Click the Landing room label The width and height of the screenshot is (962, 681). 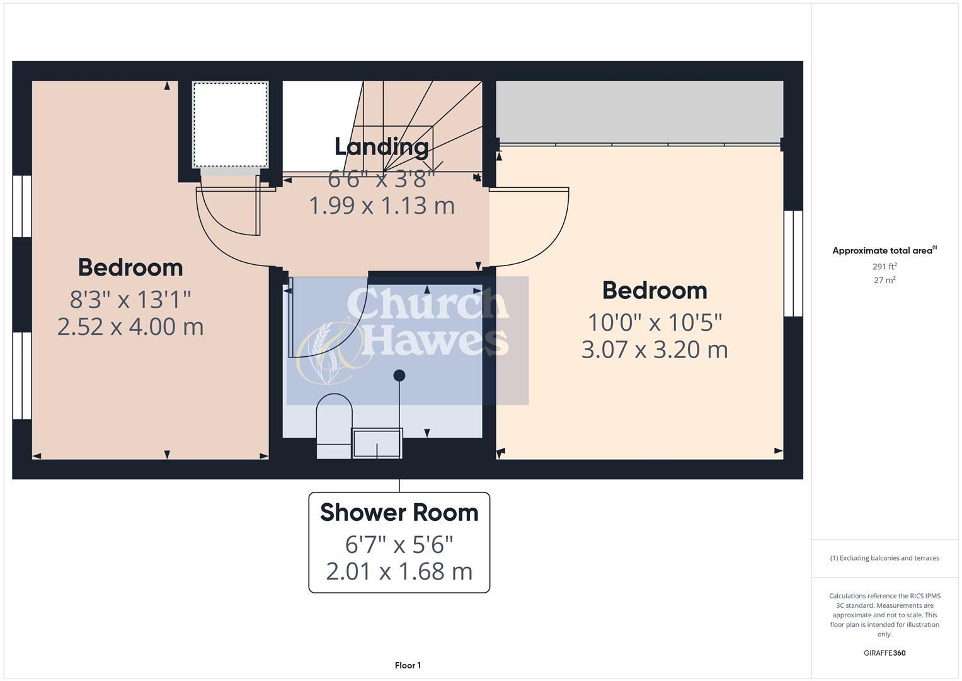(381, 147)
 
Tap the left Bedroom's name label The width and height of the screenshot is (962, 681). (130, 267)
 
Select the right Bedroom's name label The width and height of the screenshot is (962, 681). (655, 291)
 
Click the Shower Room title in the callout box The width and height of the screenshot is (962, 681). (399, 513)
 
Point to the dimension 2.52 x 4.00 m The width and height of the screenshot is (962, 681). (130, 327)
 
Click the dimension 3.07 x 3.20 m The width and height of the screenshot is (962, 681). (655, 349)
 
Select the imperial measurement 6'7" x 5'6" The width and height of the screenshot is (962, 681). (399, 544)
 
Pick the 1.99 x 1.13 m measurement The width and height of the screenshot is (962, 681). (381, 206)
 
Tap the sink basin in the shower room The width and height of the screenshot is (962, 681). (377, 443)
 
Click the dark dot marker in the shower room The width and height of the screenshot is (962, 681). (399, 376)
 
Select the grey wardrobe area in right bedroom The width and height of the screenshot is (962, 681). (639, 112)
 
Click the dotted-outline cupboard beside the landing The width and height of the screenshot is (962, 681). (231, 124)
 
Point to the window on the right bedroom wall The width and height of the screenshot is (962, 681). (793, 264)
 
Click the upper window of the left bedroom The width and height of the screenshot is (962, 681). (22, 206)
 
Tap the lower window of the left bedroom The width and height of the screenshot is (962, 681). (22, 376)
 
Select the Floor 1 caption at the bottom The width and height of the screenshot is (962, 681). (408, 665)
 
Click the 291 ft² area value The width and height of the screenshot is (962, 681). (885, 267)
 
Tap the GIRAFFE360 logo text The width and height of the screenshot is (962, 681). (885, 653)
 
